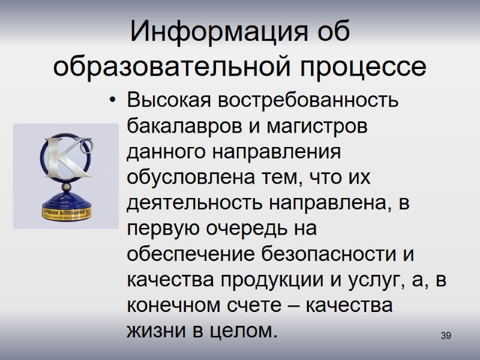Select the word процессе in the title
point(373,67)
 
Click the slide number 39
point(445,335)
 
